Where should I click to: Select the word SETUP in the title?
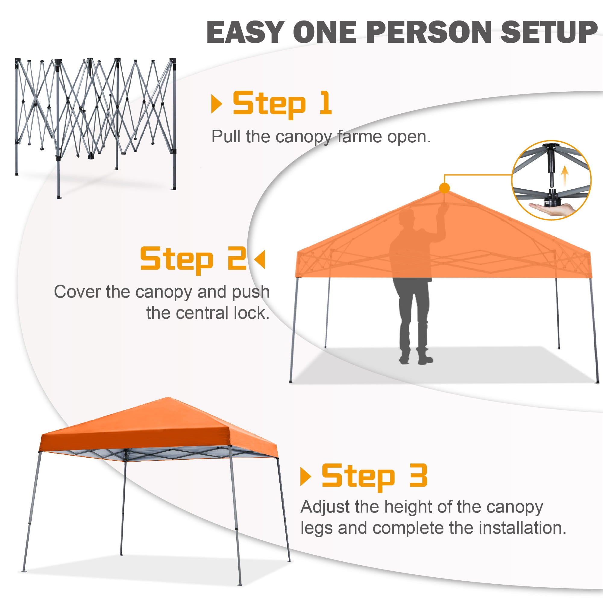[549, 32]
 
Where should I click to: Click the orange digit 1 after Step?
[325, 103]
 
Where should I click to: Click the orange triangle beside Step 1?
[217, 104]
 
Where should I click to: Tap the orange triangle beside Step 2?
[260, 259]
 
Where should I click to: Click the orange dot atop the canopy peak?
[444, 188]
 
